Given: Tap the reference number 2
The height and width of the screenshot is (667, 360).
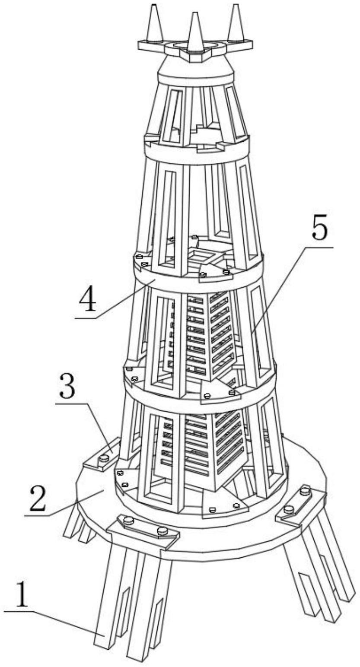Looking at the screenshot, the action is point(36,496).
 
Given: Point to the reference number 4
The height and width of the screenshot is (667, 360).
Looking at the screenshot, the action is point(88,300).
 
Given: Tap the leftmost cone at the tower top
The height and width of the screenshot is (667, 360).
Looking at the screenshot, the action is point(155,22).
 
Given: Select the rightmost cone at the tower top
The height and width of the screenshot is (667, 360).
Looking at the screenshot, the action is point(236,23).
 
